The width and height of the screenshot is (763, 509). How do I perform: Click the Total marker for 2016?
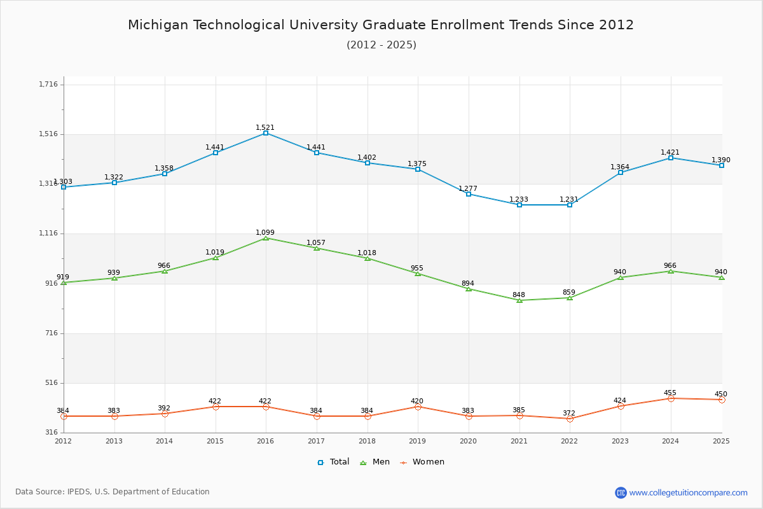click(266, 133)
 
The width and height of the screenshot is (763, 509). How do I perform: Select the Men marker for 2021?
click(519, 300)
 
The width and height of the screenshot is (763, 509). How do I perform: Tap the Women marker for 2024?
click(671, 398)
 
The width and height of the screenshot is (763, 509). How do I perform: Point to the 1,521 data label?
click(265, 127)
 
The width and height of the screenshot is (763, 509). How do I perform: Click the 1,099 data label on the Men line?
click(265, 232)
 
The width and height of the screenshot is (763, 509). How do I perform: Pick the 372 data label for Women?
click(569, 413)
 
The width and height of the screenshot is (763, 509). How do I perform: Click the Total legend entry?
click(333, 462)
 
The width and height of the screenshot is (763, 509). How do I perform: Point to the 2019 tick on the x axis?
click(417, 441)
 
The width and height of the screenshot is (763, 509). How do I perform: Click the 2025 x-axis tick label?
click(721, 441)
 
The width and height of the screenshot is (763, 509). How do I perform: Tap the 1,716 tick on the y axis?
click(48, 84)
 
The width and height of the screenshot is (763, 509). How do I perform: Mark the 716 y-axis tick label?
click(50, 333)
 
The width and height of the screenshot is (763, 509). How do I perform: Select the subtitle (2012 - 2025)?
click(381, 45)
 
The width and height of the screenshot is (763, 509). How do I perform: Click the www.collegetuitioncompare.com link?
click(688, 492)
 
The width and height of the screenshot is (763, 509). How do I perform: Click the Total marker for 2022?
click(570, 205)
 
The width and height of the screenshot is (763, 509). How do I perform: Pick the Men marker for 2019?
click(418, 274)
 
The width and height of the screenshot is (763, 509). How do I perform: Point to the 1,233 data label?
click(518, 199)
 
